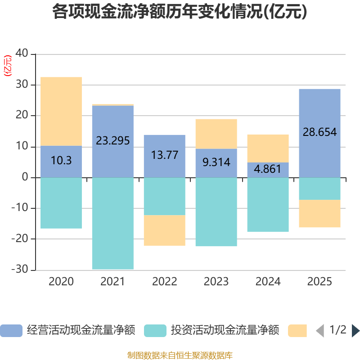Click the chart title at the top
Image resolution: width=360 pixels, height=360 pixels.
tap(180, 12)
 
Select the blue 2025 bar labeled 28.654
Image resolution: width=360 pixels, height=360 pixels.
tap(319, 133)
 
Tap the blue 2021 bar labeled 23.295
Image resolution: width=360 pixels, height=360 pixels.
tap(113, 141)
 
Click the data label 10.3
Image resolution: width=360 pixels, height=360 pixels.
tap(61, 160)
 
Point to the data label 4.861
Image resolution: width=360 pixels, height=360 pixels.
tap(268, 169)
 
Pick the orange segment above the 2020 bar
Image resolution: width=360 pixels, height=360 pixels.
tap(61, 111)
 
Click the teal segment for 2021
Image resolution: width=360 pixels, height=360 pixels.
tap(113, 223)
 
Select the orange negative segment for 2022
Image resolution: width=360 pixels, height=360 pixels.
tap(165, 230)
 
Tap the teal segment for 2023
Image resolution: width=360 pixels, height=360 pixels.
tap(216, 212)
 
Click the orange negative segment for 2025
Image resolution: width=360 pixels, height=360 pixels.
tap(319, 213)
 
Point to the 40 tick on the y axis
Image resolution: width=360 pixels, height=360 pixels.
tap(22, 53)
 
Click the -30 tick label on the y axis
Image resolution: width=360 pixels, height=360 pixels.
tap(20, 269)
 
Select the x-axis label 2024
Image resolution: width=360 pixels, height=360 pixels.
tap(268, 282)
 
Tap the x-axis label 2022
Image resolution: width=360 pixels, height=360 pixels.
tap(165, 282)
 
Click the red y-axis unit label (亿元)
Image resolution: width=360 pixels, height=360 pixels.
tap(8, 66)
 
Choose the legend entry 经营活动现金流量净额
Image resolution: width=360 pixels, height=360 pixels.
tap(68, 330)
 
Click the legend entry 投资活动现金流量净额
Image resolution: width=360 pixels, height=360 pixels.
tap(211, 330)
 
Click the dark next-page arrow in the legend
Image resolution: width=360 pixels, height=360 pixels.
tap(355, 331)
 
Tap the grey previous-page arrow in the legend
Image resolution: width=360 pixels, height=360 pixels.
tap(320, 331)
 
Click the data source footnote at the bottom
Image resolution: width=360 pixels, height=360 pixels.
tap(180, 355)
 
